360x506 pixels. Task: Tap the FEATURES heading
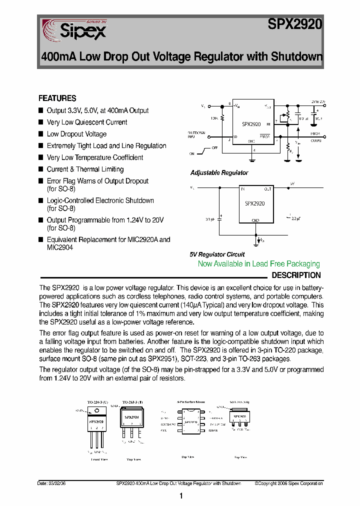tap(57, 98)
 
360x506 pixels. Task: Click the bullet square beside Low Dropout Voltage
tap(41, 134)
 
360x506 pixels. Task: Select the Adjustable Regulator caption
tap(219, 172)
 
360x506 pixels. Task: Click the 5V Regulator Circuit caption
tap(217, 254)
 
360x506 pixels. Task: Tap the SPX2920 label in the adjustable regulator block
tap(251, 124)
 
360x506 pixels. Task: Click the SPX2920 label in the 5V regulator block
tap(255, 204)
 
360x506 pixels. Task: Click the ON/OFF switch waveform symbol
tap(205, 151)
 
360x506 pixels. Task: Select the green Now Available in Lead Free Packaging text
tap(258, 264)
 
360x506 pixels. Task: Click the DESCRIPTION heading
tap(296, 275)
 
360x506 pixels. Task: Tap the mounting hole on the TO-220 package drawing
tap(97, 411)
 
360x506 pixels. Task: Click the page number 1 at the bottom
tap(180, 495)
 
